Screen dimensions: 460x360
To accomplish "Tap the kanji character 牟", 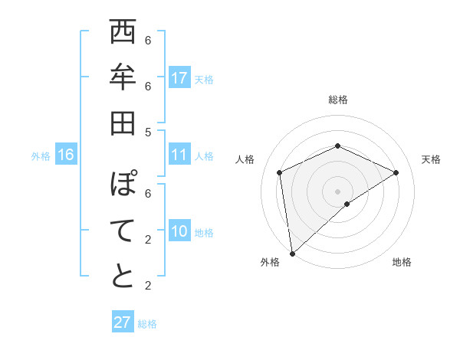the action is click(123, 78).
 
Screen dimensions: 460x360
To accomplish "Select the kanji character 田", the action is click(123, 123).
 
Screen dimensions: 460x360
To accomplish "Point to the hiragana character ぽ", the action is click(123, 185).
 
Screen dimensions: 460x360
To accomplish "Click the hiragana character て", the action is click(123, 231).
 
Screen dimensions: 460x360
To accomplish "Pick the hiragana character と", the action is click(123, 276).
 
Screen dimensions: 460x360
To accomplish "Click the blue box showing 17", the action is click(179, 78).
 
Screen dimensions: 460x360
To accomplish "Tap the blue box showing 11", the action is click(179, 155).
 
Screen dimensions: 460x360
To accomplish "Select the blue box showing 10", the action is click(179, 231).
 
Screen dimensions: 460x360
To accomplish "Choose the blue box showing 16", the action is click(66, 155).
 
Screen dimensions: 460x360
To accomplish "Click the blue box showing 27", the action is click(122, 322).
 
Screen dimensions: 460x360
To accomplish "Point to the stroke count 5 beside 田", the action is click(148, 132).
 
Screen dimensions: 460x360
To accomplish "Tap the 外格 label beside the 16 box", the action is click(41, 156).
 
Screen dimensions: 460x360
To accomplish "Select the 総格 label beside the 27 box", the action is click(147, 324).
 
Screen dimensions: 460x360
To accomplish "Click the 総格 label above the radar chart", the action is click(337, 100).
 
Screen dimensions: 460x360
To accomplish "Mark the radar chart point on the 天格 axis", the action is click(396, 172).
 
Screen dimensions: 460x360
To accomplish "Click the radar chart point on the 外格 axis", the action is click(292, 253).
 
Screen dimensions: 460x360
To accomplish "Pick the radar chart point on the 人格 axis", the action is click(280, 172).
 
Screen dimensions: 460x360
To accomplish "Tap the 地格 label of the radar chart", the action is click(402, 262).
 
